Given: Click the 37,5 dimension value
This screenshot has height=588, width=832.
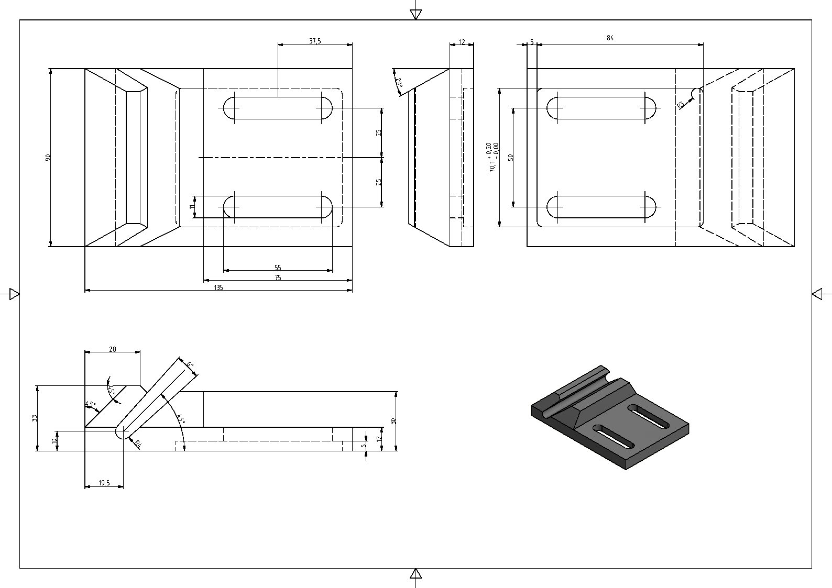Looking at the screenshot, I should tap(314, 41).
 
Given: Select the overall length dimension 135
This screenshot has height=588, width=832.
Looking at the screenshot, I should tap(218, 287).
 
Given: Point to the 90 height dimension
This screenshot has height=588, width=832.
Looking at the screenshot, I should tap(48, 157).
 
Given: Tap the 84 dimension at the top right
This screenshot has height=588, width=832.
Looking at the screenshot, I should tap(610, 38).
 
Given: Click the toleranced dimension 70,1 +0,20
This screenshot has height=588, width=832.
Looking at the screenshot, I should tap(492, 158).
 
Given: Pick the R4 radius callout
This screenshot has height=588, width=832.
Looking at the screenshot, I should tap(138, 445).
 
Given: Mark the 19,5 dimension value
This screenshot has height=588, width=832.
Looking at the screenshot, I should tap(104, 483).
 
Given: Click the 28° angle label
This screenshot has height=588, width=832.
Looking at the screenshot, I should tap(399, 82).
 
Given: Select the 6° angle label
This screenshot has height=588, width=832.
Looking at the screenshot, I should tap(190, 364).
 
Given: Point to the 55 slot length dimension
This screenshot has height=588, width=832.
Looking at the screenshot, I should tap(278, 268).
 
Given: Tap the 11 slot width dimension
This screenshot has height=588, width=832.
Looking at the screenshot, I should tap(192, 207).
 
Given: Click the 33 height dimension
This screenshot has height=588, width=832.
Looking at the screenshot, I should tap(35, 418).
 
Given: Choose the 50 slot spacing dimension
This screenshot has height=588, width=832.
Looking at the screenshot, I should tap(510, 157).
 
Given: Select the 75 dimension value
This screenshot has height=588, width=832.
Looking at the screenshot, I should tap(278, 278).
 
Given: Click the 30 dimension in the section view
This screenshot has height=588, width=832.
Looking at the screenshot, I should tap(393, 420).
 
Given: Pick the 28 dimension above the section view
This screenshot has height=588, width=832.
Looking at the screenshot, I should tap(112, 349).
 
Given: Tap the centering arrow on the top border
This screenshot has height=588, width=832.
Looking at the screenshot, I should tap(415, 14).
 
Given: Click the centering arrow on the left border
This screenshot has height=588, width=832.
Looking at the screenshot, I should tap(14, 294).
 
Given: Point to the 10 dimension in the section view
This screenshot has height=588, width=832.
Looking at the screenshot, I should tap(54, 441).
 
